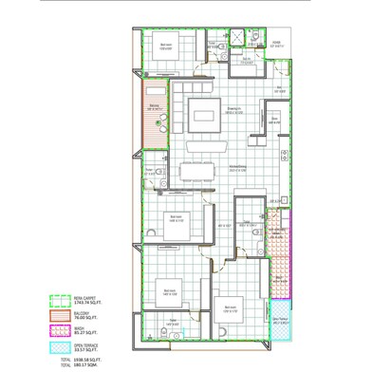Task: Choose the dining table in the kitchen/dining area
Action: (x=196, y=171)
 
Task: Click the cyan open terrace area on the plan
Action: (x=281, y=324)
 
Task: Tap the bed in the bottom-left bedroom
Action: (x=171, y=292)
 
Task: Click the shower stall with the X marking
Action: (x=255, y=38)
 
